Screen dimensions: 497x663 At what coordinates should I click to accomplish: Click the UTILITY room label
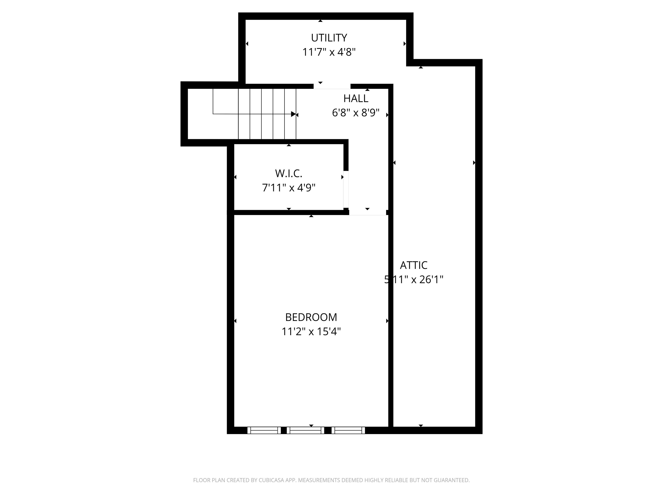(x=329, y=38)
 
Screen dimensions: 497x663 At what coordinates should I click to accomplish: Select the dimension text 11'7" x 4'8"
(x=329, y=52)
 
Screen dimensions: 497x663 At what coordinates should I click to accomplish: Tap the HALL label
(x=356, y=98)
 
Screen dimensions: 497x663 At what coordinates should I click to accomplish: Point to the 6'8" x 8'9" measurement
(x=356, y=113)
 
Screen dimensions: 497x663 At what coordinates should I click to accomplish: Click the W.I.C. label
(x=289, y=173)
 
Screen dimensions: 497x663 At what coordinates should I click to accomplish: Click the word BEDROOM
(x=311, y=317)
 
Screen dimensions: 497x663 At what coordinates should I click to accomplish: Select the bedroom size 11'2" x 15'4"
(x=311, y=332)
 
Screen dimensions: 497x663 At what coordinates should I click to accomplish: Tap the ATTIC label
(x=414, y=265)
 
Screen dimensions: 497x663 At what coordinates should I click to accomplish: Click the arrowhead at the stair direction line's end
(x=293, y=114)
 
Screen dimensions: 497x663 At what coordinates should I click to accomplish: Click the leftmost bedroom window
(x=264, y=430)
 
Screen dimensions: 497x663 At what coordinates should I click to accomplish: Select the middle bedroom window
(x=305, y=430)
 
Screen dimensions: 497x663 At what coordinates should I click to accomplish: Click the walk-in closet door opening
(x=346, y=189)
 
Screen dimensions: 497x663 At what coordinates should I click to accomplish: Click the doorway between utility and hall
(x=332, y=86)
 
